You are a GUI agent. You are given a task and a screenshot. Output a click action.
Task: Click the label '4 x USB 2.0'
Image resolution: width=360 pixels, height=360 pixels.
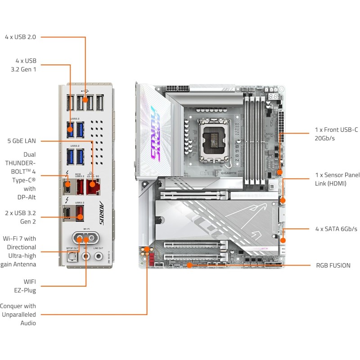[x=20, y=36]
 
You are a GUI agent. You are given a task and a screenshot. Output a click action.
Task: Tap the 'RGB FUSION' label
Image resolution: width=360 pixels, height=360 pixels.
[x=333, y=265]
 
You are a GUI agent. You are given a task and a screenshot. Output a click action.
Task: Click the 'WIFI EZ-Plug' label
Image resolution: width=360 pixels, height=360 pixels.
[x=27, y=286]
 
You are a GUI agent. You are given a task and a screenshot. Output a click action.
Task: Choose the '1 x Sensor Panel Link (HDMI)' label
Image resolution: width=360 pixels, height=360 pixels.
[x=337, y=179]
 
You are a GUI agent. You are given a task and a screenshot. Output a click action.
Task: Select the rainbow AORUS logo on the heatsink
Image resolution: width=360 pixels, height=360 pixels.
[x=155, y=133]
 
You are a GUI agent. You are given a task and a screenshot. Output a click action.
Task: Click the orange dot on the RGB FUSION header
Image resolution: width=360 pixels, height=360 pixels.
[x=190, y=265]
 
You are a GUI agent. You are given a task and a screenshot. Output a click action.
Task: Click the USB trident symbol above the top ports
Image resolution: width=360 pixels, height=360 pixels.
[x=85, y=89]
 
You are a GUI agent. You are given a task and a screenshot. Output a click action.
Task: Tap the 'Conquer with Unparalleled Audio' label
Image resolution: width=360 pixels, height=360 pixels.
[x=18, y=314]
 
